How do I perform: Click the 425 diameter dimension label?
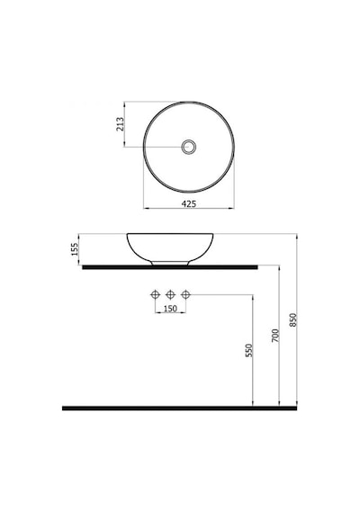[189, 203]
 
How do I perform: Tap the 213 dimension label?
[120, 124]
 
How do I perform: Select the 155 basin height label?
[75, 249]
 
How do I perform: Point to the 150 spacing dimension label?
[170, 308]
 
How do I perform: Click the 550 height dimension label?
[249, 350]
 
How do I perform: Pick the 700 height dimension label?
[275, 336]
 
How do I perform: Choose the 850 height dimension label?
[292, 320]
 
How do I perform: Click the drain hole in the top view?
[189, 147]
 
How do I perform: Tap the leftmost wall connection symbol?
[155, 295]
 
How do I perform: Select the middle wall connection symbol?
[170, 295]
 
